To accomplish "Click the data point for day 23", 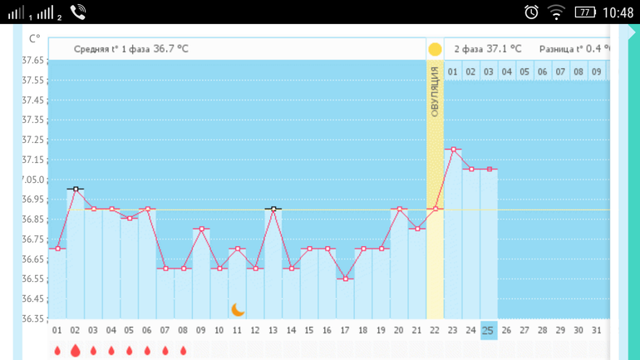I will click(453, 150).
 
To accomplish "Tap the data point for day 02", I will click(76, 190).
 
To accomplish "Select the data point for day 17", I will click(346, 279).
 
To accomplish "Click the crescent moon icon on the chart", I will click(238, 309).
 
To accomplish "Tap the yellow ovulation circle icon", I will click(435, 49).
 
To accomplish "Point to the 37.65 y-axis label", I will click(32, 61).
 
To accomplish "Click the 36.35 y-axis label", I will click(32, 318).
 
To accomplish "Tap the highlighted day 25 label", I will click(489, 330).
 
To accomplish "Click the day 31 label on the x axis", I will click(596, 330).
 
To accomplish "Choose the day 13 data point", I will click(273, 210).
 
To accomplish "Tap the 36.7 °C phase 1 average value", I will click(170, 49).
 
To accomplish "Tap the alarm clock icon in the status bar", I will click(531, 12).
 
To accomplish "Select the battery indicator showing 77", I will click(585, 12).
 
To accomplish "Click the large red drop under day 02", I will click(76, 351).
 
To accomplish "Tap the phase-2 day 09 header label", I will click(596, 72).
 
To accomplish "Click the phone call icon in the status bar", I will click(78, 12).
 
